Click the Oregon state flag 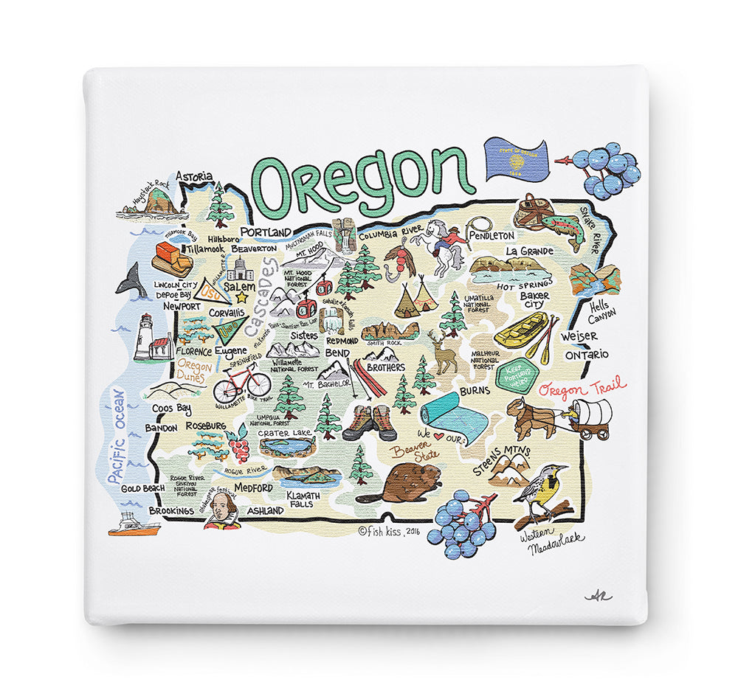point(516,160)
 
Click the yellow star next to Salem point(241,298)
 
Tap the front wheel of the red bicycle point(258,384)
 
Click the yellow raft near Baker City point(521,330)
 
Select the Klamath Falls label point(300,500)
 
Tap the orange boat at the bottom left point(134,526)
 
